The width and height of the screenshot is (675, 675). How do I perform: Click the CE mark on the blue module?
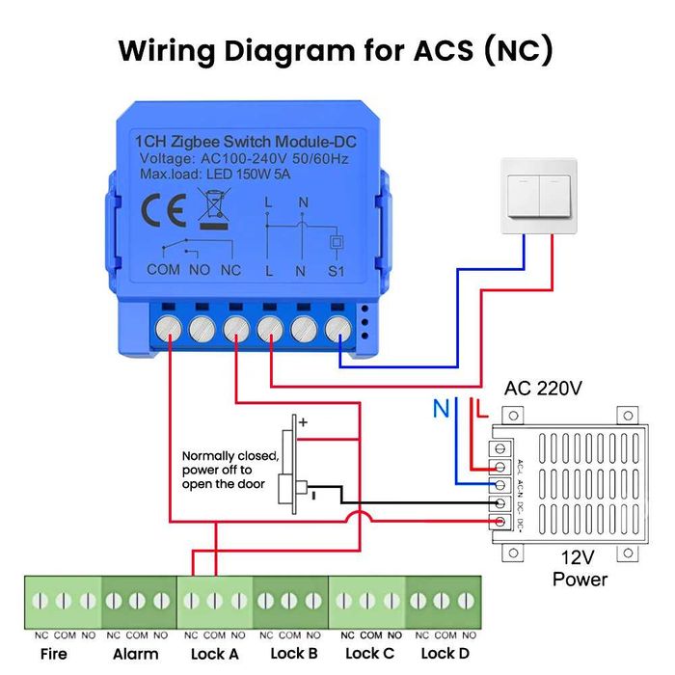pyautogui.click(x=157, y=209)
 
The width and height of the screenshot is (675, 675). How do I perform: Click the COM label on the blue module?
pyautogui.click(x=163, y=270)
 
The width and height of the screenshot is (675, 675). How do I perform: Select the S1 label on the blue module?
pyautogui.click(x=337, y=270)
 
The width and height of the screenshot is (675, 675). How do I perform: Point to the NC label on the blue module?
pyautogui.click(x=231, y=270)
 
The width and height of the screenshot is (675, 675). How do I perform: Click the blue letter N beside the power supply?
pyautogui.click(x=441, y=410)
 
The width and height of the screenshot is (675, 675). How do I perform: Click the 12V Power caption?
pyautogui.click(x=580, y=569)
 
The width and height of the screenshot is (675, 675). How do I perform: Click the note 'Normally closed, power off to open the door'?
pyautogui.click(x=231, y=470)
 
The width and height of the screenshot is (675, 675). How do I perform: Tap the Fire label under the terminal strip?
pyautogui.click(x=54, y=654)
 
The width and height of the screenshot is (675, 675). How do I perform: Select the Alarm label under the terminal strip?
pyautogui.click(x=137, y=654)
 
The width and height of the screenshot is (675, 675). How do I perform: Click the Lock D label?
pyautogui.click(x=445, y=654)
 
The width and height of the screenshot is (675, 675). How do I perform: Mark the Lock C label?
pyautogui.click(x=367, y=654)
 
